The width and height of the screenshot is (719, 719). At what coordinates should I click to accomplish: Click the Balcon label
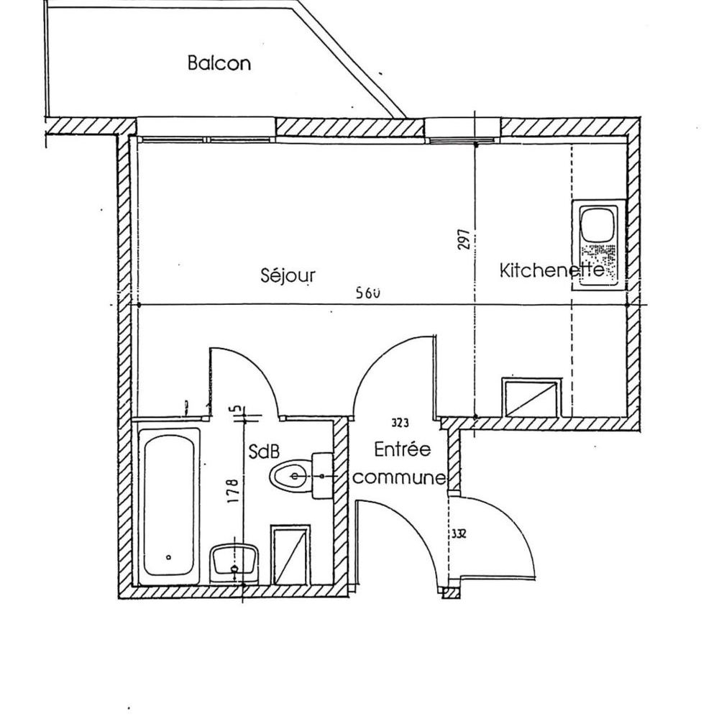[x=219, y=63]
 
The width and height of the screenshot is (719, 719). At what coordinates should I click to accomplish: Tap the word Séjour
[x=288, y=275]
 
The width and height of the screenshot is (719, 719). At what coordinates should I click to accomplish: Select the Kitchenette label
[x=551, y=270]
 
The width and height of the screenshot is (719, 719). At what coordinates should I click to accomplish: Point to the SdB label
[x=264, y=452]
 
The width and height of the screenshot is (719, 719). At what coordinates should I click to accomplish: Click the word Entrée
[x=402, y=449]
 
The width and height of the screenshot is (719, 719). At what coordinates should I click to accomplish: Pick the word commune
[x=399, y=478]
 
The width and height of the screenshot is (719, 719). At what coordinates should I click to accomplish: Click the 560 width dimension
[x=369, y=293]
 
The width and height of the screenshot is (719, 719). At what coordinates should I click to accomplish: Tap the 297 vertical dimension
[x=464, y=239]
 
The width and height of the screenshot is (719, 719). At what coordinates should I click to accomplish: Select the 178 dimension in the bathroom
[x=233, y=491]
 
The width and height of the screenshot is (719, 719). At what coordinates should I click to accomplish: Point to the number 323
[x=400, y=423]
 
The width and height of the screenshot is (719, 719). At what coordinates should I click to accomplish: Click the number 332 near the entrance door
[x=459, y=533]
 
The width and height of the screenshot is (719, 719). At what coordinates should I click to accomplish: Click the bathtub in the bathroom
[x=169, y=507]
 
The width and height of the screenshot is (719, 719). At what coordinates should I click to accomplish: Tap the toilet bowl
[x=290, y=476]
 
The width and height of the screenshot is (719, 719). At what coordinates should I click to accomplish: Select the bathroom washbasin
[x=234, y=563]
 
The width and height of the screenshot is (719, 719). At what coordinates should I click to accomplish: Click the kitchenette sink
[x=598, y=244]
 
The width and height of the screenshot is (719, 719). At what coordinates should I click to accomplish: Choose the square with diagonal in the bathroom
[x=290, y=555]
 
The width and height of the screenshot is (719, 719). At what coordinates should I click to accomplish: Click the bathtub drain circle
[x=169, y=557]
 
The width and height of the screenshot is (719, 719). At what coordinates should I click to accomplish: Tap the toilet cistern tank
[x=322, y=476]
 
